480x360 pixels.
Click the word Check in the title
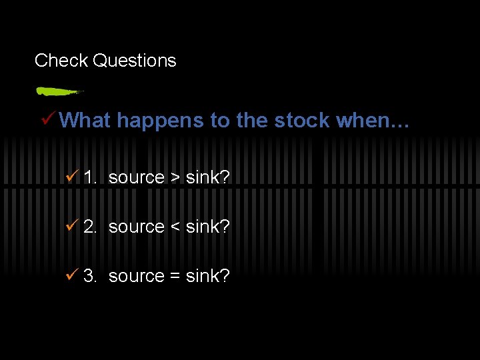point(61,61)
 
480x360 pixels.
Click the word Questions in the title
point(135,61)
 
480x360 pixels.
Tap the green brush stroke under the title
point(58,91)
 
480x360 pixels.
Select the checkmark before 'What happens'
point(48,119)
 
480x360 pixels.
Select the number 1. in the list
point(91,177)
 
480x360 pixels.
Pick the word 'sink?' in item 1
point(207,177)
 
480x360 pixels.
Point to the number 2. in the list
point(91,227)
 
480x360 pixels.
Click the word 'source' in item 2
point(136,227)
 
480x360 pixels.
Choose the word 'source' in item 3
point(136,277)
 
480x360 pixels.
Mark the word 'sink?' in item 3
point(207,276)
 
